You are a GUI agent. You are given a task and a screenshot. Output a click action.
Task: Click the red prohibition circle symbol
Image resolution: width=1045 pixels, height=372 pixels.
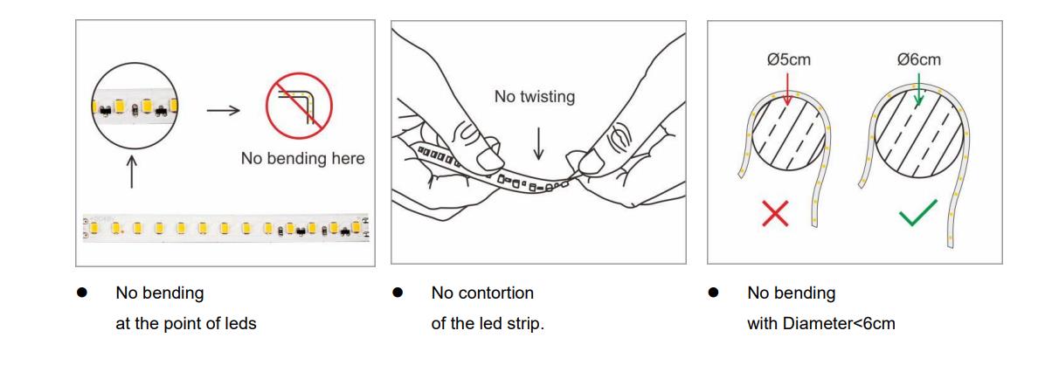[299, 106]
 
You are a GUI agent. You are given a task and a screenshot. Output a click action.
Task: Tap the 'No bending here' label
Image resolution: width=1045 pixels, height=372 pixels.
[302, 158]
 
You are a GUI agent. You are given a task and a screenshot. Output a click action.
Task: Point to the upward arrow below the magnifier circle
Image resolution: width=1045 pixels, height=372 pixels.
[131, 172]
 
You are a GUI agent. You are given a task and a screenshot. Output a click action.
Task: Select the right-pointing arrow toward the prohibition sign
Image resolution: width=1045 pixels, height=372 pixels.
[223, 110]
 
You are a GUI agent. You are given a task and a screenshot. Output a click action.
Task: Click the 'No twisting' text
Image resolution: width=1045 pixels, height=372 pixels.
[534, 97]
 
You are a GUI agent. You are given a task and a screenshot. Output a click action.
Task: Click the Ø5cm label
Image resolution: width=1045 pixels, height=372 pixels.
[788, 59]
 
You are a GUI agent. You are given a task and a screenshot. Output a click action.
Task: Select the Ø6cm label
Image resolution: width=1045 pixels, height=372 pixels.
[919, 59]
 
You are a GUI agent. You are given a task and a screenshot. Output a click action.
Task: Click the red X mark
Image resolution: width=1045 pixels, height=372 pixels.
[775, 213]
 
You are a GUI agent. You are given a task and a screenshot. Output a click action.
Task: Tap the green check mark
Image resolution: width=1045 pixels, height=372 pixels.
[918, 211]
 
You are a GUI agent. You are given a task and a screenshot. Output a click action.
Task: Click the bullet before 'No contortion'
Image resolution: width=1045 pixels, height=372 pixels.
[398, 293]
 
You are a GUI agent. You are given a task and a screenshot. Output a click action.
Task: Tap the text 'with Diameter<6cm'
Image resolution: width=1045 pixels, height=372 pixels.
[821, 324]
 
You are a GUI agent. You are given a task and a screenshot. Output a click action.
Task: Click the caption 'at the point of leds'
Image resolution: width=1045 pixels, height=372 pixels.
[186, 324]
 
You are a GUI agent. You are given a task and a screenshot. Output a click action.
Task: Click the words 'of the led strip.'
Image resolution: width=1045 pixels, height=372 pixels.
[488, 324]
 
